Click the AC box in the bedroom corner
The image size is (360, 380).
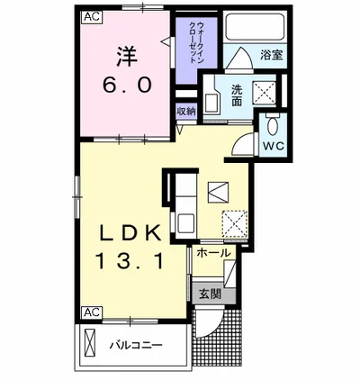point(92,17)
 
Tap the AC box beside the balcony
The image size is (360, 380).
point(92,312)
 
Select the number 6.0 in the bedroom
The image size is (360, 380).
point(127,85)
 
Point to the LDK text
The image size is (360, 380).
point(130,233)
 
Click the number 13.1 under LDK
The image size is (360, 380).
point(130,260)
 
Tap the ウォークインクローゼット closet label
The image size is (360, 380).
point(196,42)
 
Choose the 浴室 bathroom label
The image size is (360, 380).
point(272,56)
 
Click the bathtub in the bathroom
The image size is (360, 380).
point(255,26)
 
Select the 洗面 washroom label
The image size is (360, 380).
point(237,95)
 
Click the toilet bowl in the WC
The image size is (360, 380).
point(273,126)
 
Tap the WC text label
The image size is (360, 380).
point(274,146)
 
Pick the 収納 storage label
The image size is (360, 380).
point(186,112)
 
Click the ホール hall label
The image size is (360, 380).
point(213,253)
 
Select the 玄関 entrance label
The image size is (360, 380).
point(211,294)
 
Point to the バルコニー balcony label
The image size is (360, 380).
point(135,345)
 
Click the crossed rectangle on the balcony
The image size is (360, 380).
point(89,342)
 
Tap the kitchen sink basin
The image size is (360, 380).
point(186,222)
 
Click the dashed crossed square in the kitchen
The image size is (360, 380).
point(235,223)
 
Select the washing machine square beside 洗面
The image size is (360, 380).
point(264,94)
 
